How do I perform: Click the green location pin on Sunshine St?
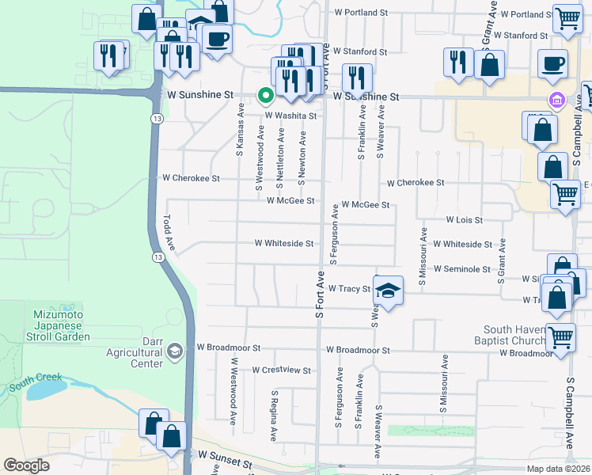click(266, 96)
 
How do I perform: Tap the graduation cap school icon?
click(389, 291)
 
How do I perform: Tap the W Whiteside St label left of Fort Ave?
click(283, 244)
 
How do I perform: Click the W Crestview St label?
click(281, 370)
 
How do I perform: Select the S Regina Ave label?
click(274, 415)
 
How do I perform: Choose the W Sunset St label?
click(225, 457)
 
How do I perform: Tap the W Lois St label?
click(464, 219)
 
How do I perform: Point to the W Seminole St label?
click(461, 269)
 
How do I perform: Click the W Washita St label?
click(290, 116)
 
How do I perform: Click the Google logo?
click(26, 465)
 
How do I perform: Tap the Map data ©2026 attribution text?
click(557, 469)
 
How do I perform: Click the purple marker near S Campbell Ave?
click(556, 100)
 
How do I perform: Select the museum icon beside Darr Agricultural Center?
click(175, 350)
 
